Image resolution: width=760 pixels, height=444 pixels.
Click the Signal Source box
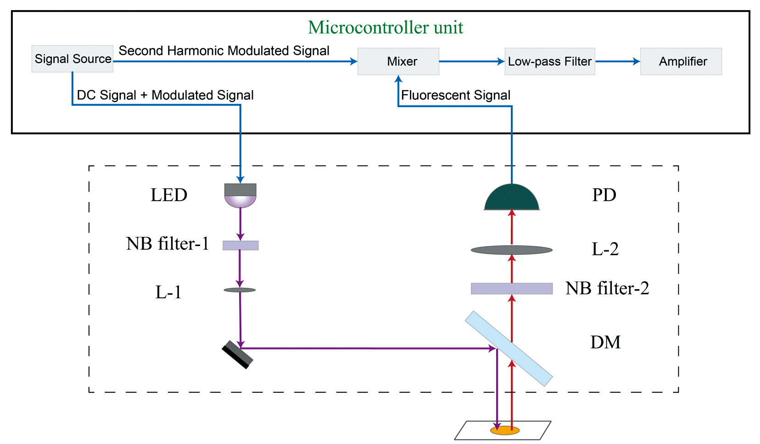73,59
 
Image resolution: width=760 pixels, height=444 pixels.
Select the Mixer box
398,61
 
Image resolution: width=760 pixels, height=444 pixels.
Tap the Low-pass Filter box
550,61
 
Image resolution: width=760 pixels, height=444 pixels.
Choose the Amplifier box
681,61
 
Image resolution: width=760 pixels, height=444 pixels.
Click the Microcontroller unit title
386,27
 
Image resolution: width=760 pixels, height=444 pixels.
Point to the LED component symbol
240,195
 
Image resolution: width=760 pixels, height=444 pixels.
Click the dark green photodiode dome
512,198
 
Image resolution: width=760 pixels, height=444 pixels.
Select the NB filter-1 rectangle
240,246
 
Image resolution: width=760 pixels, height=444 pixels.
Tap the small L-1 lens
240,290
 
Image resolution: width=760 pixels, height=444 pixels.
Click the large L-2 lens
512,250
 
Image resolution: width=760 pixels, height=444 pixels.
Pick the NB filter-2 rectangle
512,289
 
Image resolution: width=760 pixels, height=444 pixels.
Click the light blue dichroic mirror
509,349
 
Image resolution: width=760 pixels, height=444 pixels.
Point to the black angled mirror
238,355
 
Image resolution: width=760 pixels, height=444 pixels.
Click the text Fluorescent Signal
456,95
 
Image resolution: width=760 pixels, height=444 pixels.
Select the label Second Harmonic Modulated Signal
224,51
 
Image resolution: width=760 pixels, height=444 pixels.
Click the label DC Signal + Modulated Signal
165,95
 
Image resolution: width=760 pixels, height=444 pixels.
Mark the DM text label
605,342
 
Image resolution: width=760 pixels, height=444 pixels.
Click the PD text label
604,195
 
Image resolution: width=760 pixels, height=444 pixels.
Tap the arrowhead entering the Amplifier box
637,61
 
